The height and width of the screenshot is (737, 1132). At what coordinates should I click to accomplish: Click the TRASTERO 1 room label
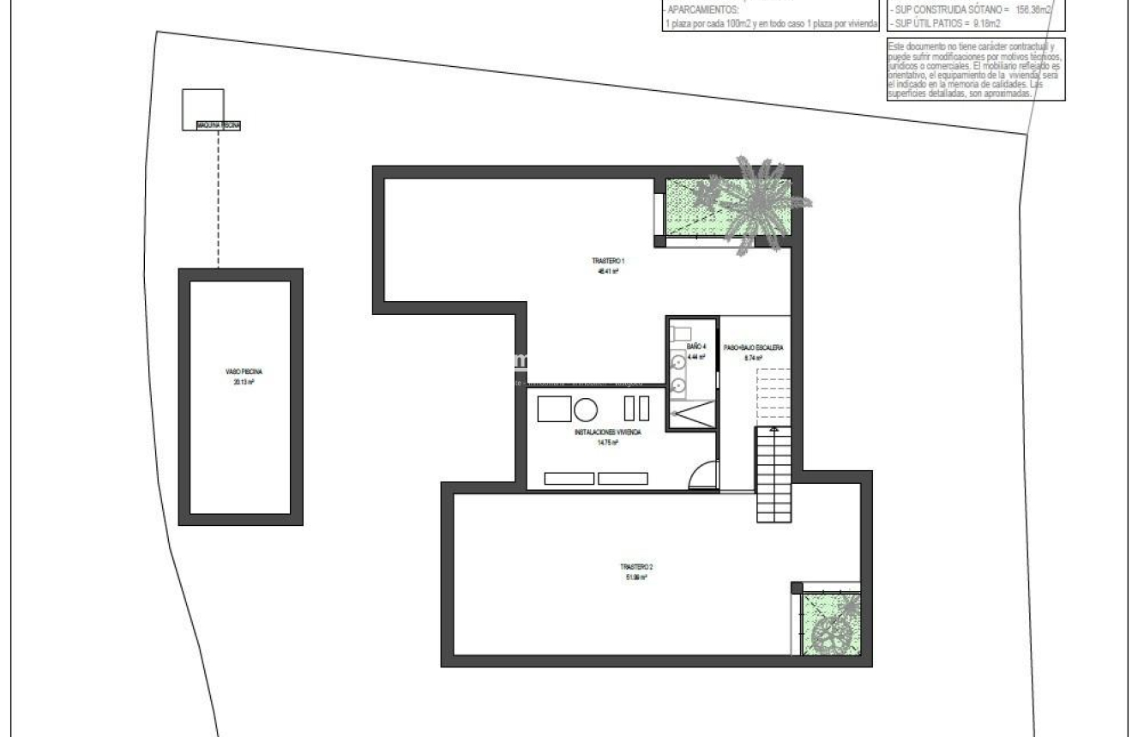click(x=605, y=260)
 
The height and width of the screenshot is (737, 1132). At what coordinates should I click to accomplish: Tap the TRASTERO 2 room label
click(x=636, y=566)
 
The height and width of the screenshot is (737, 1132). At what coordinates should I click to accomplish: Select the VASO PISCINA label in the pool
click(x=238, y=372)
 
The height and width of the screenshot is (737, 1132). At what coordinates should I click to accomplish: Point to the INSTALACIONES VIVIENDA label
click(x=607, y=433)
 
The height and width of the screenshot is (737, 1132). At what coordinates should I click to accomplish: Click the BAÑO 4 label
click(x=695, y=346)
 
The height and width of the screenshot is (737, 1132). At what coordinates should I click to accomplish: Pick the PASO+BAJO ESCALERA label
click(x=753, y=348)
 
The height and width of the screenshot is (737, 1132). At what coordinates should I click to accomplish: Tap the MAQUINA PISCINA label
click(x=219, y=125)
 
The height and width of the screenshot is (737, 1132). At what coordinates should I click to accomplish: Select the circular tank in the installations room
click(x=586, y=409)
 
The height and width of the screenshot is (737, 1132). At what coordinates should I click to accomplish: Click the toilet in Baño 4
click(x=682, y=332)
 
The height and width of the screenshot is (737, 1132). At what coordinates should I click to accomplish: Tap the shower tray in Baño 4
click(x=690, y=416)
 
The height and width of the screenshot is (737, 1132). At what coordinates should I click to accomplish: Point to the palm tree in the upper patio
click(x=759, y=202)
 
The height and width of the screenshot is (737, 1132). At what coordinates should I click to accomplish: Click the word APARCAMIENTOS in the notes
click(x=701, y=10)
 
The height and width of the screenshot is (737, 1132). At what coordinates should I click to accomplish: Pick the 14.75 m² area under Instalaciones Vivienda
click(x=607, y=444)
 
